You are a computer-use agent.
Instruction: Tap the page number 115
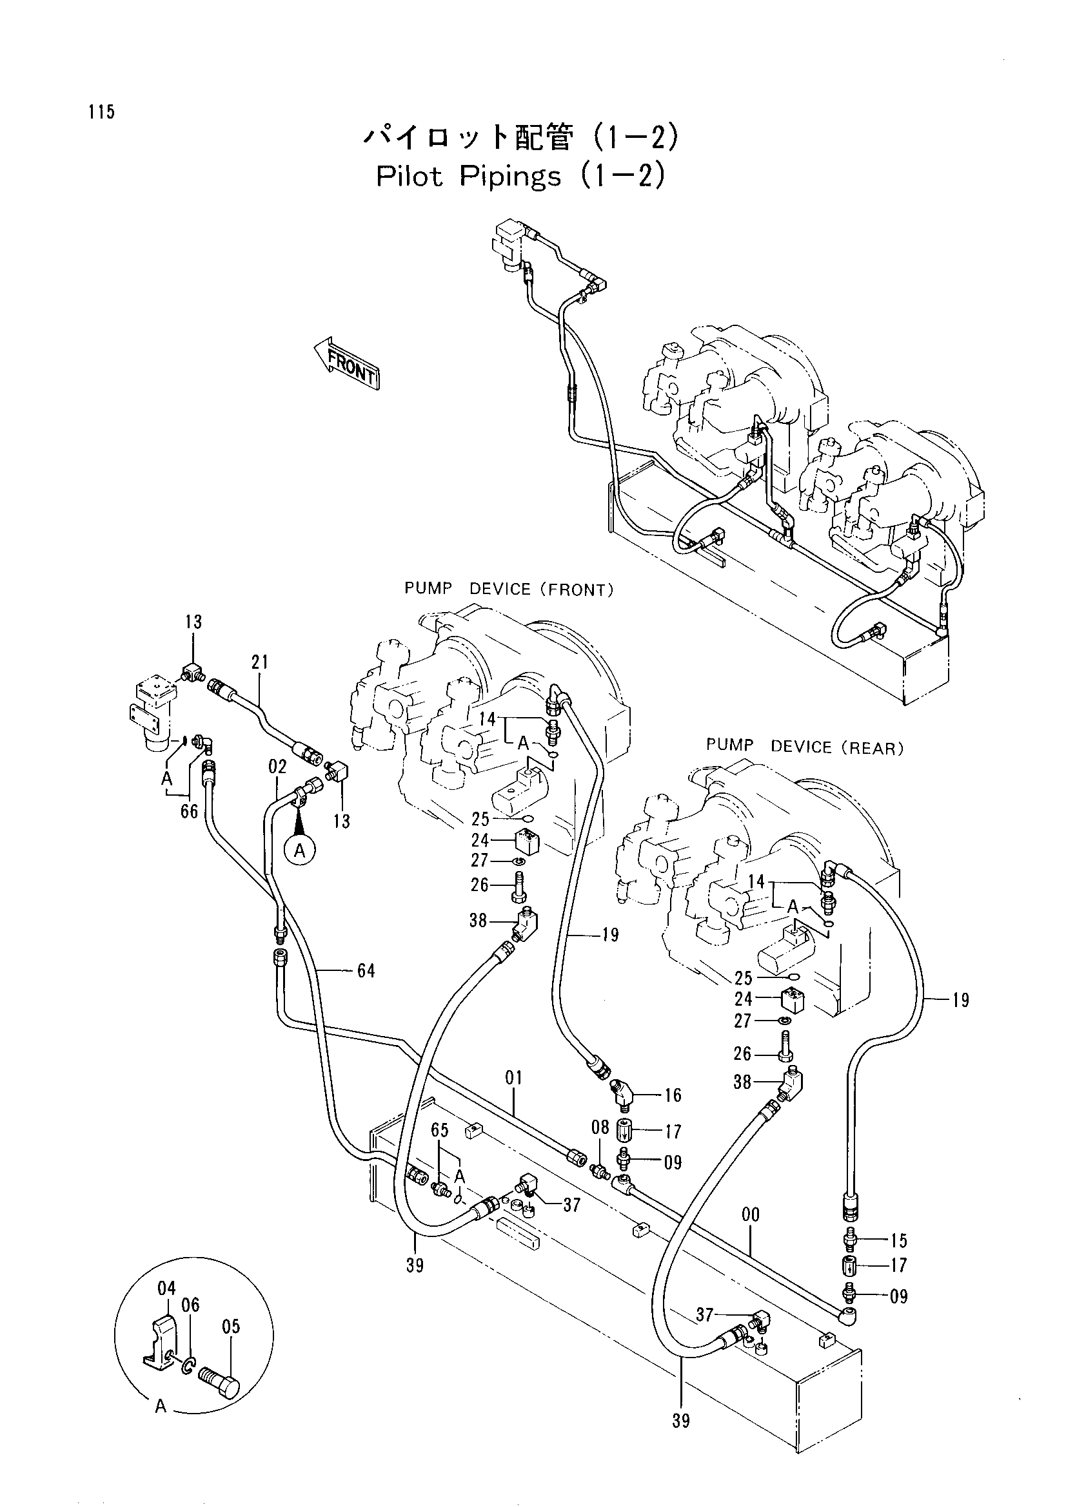click(101, 112)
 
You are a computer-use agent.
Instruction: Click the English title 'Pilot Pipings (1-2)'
click(521, 175)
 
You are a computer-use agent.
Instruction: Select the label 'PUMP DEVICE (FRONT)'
click(509, 590)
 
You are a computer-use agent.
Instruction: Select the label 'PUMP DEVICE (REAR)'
click(805, 747)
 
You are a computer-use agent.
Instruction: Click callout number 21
click(260, 662)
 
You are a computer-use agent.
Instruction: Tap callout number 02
click(277, 767)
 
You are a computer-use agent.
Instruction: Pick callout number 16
click(673, 1095)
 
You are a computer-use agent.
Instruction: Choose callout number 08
click(600, 1128)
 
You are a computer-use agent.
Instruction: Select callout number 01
click(513, 1077)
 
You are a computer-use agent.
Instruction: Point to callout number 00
click(750, 1215)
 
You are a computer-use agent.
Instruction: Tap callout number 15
click(898, 1240)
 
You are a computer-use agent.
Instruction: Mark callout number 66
click(189, 812)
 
